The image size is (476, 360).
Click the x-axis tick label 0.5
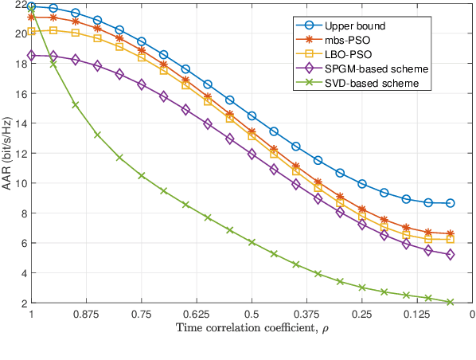click(x=252, y=315)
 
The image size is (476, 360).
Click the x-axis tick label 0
click(x=472, y=315)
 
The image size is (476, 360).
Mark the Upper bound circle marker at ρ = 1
click(x=31, y=6)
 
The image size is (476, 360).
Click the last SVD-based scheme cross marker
click(x=450, y=302)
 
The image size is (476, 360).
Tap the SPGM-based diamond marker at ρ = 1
click(x=31, y=56)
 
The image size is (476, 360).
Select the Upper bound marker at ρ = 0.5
click(x=252, y=115)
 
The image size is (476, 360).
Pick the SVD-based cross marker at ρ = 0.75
click(x=142, y=175)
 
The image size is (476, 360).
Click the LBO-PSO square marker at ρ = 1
click(x=31, y=31)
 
